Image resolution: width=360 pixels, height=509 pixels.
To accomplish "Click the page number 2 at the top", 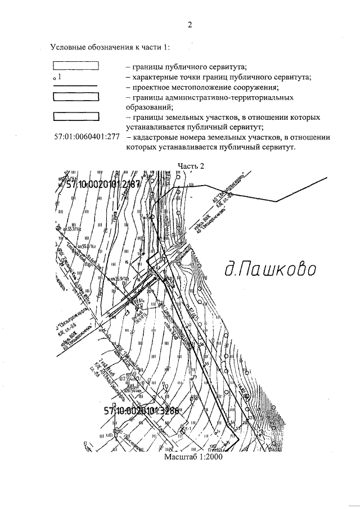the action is tap(190, 25).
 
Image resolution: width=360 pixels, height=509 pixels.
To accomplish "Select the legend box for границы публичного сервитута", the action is tap(76, 66).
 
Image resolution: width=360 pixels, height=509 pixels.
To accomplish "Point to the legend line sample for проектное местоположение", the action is tap(76, 87).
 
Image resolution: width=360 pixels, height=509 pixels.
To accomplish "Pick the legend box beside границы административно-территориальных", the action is tap(76, 96).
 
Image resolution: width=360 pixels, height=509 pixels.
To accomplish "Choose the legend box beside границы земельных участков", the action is tap(76, 117).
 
